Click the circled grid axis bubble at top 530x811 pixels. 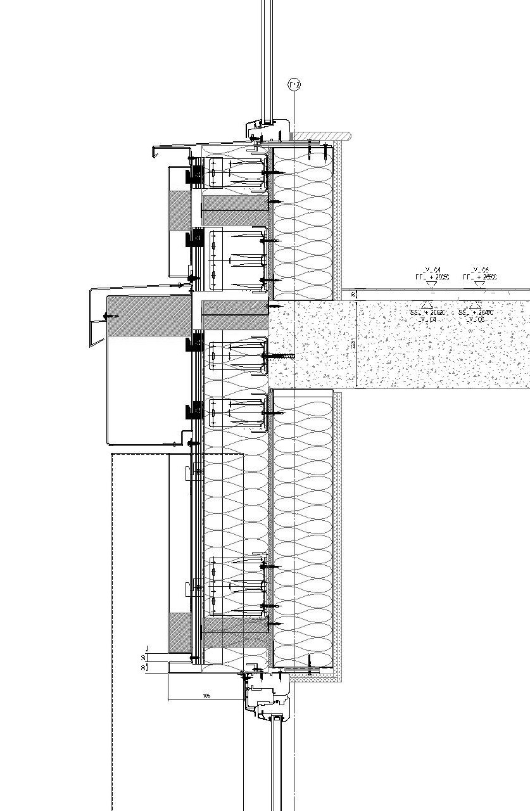(x=293, y=85)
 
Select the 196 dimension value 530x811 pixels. (x=206, y=696)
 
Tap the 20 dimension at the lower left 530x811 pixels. (x=144, y=657)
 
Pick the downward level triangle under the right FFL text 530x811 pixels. (x=479, y=286)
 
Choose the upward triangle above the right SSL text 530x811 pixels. (x=474, y=305)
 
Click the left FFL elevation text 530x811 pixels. (x=432, y=278)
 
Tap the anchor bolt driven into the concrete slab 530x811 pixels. (x=282, y=357)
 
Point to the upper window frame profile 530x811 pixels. (x=267, y=129)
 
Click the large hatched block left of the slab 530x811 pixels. (x=149, y=316)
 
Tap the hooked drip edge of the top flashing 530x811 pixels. (x=155, y=151)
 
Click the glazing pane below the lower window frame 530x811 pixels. (x=277, y=767)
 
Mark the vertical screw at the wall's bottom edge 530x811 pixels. (x=310, y=664)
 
